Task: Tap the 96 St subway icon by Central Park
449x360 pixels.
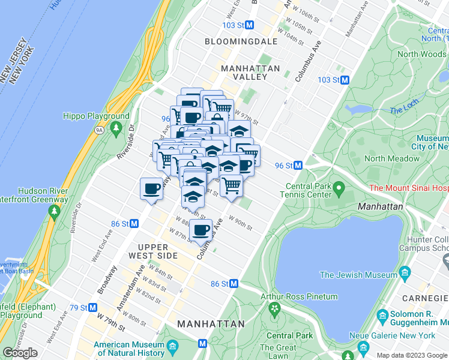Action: click(x=298, y=166)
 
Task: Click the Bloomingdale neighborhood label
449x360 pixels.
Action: click(x=241, y=41)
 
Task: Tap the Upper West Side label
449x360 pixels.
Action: click(x=157, y=251)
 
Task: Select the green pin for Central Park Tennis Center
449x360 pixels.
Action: click(x=339, y=190)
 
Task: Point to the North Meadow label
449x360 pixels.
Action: click(x=392, y=159)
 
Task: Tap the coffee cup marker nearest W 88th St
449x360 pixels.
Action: click(x=202, y=230)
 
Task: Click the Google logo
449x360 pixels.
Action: click(x=20, y=353)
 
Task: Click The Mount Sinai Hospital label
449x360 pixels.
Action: click(x=409, y=188)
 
